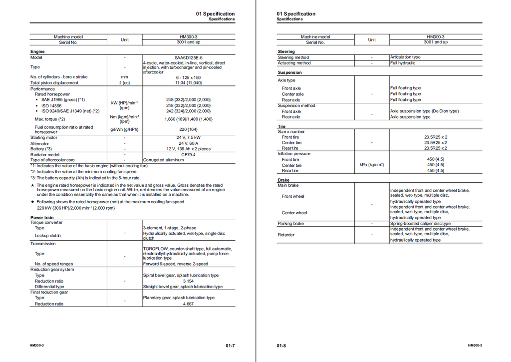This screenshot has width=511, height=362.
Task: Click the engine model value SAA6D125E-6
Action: coord(188,57)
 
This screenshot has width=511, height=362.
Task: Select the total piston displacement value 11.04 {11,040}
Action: coord(188,83)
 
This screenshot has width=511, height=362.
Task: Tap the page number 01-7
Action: coord(230,346)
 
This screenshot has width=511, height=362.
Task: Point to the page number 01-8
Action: coord(281,346)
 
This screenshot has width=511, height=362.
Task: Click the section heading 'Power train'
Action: coord(42,218)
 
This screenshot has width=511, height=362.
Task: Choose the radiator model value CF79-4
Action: coord(188,155)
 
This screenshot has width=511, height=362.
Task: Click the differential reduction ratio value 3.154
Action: coord(188,281)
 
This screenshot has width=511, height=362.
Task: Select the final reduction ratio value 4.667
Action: coord(188,304)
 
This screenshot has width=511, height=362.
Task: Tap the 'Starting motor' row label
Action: coord(44,138)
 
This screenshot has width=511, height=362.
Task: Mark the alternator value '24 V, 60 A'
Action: coord(188,143)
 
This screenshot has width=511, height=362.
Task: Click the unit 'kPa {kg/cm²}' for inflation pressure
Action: coord(372,165)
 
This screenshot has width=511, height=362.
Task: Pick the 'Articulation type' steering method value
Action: coord(405,57)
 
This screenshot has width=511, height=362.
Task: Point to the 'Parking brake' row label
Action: coord(291,224)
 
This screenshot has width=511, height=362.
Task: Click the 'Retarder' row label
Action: coord(286,235)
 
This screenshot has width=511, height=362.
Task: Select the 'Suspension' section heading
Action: coord(289,72)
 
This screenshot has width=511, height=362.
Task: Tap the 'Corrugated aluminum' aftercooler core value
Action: coord(163,160)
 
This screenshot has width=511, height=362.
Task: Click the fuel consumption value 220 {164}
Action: coord(188,129)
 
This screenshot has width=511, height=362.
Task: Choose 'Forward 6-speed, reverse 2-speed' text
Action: coord(175,264)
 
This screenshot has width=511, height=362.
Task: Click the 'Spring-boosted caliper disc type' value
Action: coord(420,224)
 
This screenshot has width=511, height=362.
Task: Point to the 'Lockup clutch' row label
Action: coord(48,236)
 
